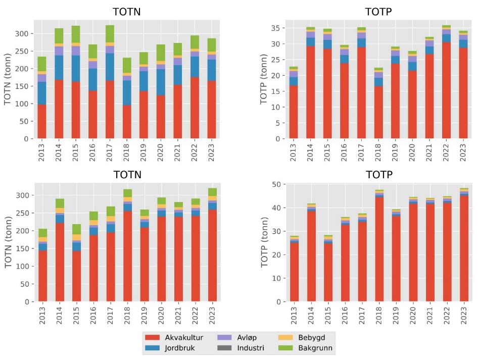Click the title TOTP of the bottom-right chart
click(380, 175)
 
